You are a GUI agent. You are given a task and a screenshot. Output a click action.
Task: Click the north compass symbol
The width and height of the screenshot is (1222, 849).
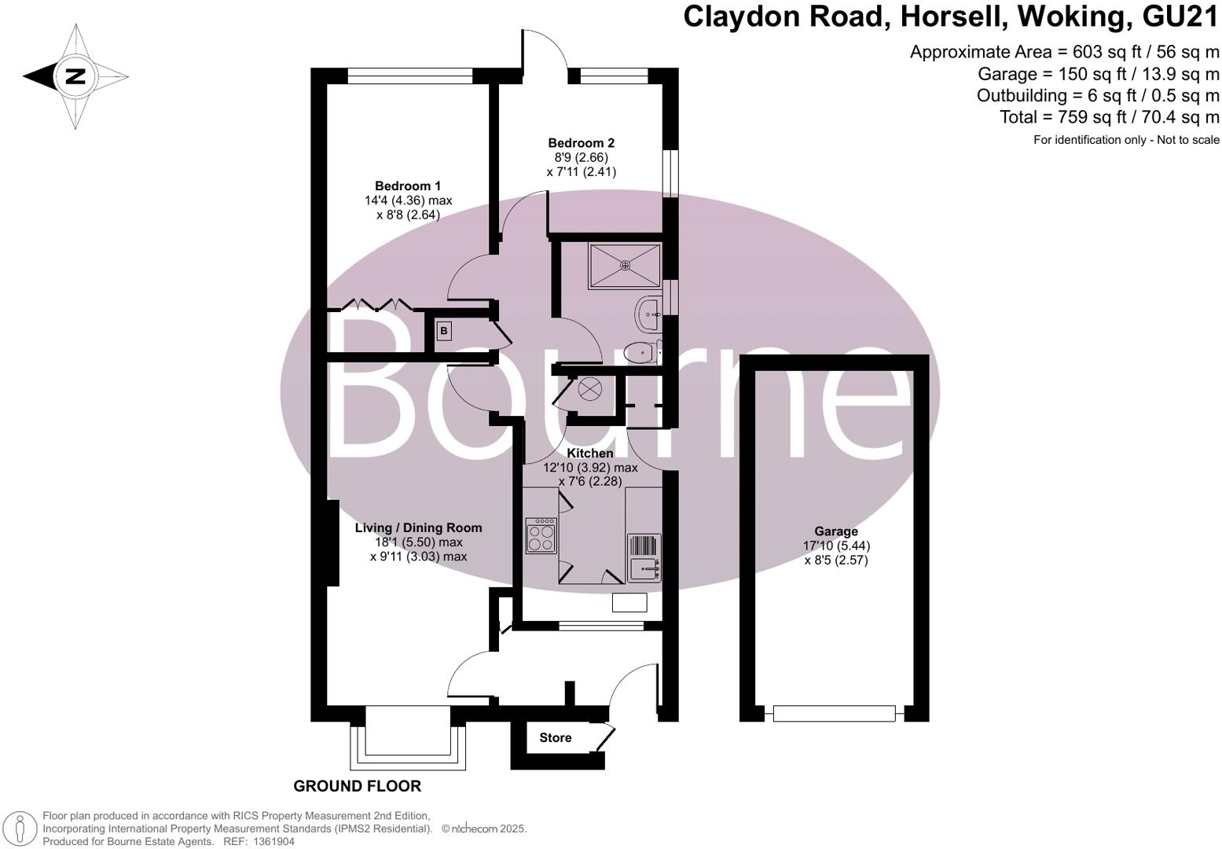(75, 76)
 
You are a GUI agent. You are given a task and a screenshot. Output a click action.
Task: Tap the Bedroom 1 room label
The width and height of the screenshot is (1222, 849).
(407, 186)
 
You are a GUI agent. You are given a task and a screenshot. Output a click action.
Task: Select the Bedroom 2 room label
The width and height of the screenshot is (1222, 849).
(582, 143)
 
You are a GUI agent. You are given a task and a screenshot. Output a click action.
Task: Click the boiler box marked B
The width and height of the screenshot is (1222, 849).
(444, 331)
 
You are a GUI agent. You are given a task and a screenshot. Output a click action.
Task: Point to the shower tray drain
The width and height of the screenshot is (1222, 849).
(626, 265)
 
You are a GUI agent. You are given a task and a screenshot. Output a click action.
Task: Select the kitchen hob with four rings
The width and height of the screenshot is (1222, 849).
(541, 535)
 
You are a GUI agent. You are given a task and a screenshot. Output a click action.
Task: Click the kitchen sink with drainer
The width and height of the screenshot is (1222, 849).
(644, 556)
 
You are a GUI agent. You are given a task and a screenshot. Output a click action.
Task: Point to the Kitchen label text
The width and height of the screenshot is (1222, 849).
(590, 454)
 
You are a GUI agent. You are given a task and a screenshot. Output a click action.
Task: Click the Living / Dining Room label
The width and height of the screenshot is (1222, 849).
(418, 528)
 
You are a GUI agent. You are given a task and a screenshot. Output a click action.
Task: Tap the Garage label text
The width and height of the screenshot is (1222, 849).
(835, 531)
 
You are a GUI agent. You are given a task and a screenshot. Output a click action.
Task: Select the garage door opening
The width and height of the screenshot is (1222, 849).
(835, 713)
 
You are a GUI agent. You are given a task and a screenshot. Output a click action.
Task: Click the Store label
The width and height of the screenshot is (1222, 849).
(555, 738)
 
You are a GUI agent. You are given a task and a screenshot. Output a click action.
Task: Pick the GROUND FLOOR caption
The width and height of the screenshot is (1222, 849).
(357, 786)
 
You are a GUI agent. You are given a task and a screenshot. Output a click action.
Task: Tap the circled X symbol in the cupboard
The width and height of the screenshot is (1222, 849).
(589, 388)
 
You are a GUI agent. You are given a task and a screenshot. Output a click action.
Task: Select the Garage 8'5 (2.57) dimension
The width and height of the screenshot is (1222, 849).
(836, 560)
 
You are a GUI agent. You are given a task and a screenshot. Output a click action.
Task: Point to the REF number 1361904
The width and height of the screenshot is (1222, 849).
(272, 841)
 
